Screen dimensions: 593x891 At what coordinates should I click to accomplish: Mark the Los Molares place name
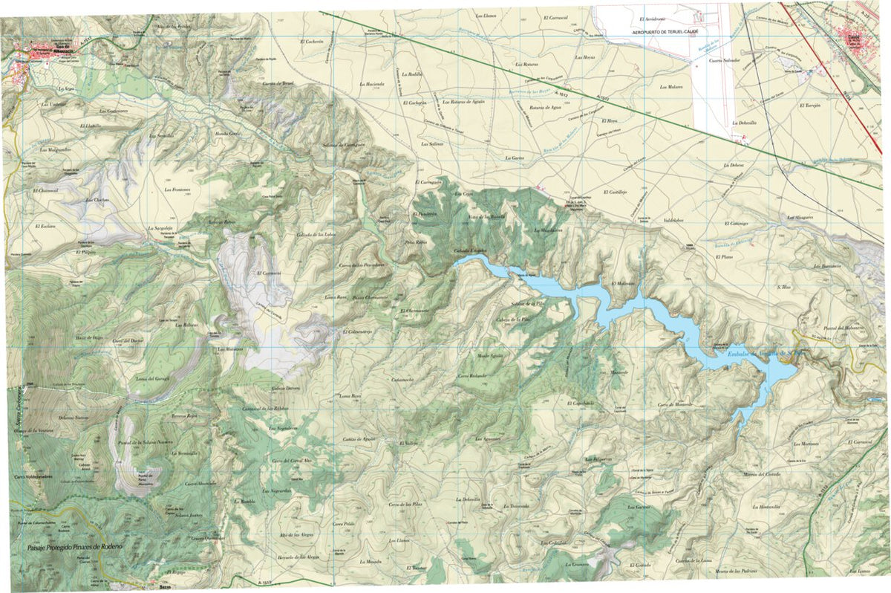(x=670, y=86)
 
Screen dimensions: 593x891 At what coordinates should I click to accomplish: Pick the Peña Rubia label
(x=416, y=242)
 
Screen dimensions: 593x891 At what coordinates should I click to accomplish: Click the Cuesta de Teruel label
(x=278, y=83)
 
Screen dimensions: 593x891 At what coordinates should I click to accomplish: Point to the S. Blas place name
(x=783, y=287)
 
